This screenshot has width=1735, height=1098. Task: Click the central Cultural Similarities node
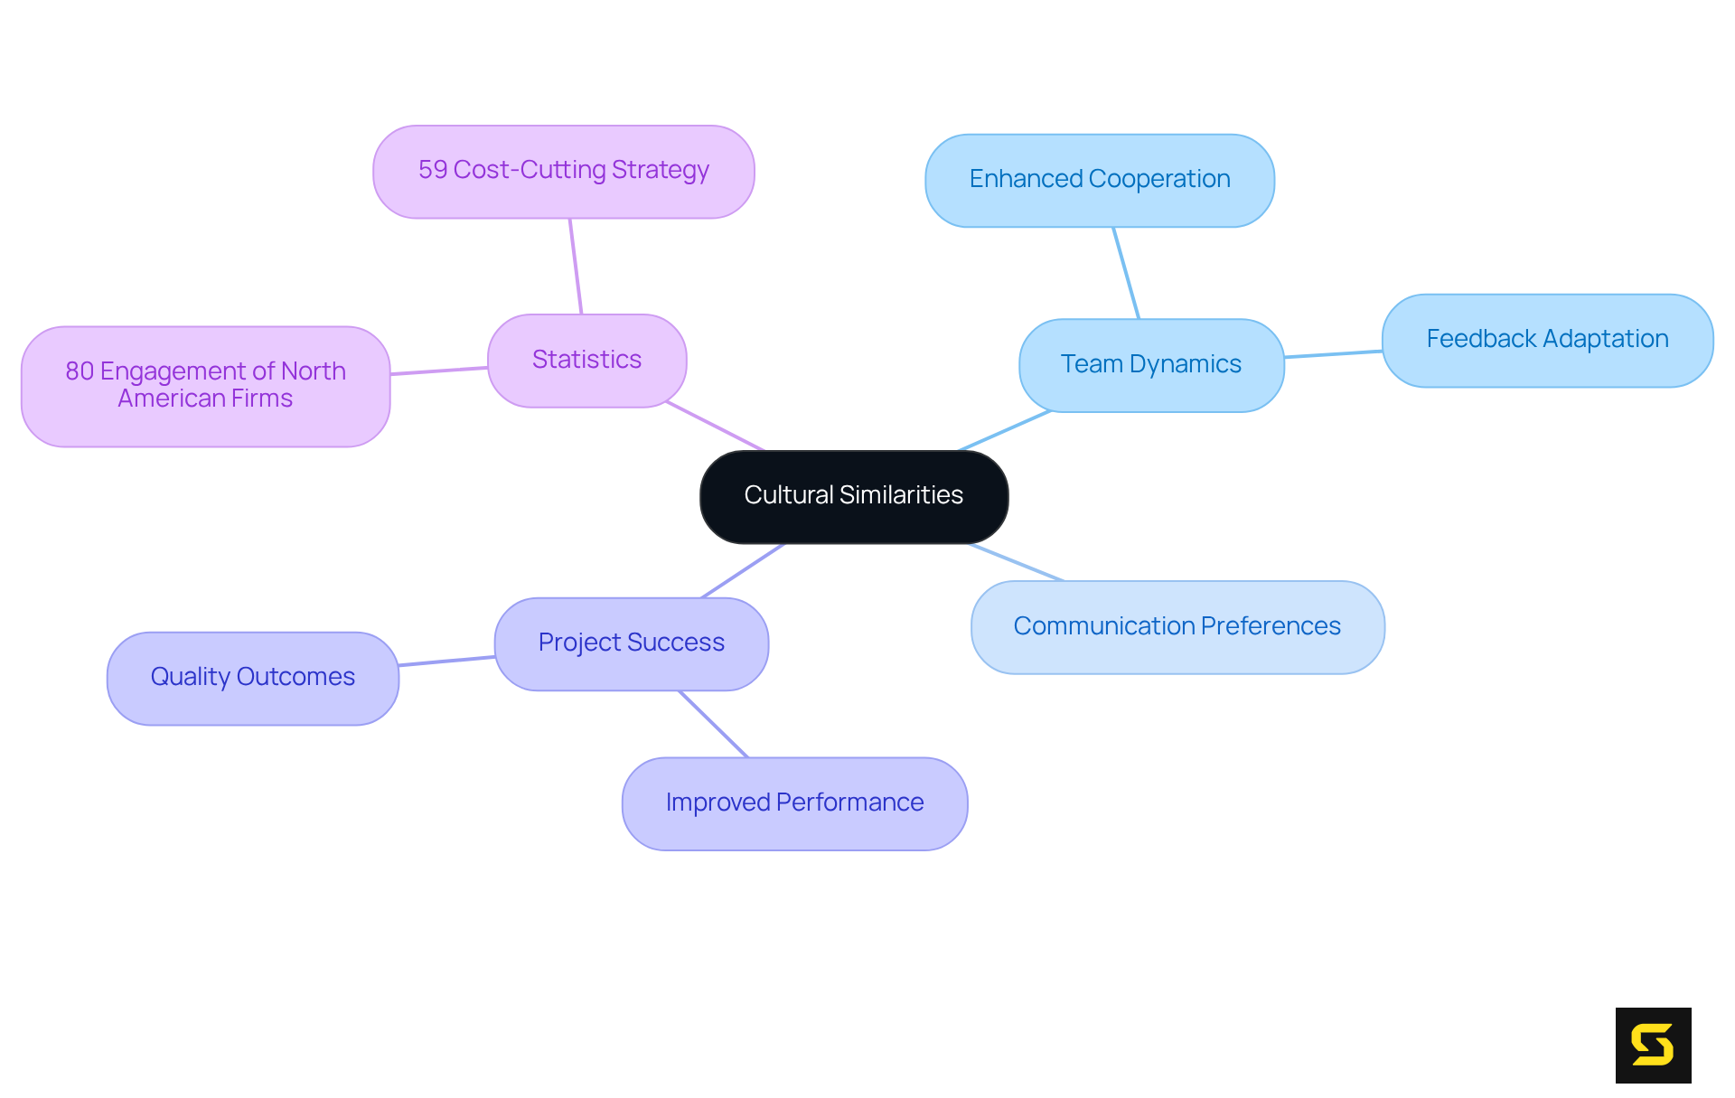853,496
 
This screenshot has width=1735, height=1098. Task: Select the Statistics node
586,360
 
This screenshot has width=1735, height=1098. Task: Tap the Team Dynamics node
1150,364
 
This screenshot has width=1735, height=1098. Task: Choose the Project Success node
631,643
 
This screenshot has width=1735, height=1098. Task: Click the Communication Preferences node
1177,626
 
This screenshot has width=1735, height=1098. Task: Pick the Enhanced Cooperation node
1099,180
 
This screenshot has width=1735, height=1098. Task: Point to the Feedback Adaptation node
1546,340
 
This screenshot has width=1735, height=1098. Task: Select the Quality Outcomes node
252,677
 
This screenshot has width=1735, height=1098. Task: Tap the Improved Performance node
793,802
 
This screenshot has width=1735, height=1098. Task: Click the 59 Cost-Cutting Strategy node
563,171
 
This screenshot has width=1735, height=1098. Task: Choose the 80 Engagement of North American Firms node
205,385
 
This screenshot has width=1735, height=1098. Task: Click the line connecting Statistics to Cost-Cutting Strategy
576,267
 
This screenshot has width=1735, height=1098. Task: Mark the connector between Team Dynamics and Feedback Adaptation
1333,354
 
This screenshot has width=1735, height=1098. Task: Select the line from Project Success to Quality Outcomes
447,662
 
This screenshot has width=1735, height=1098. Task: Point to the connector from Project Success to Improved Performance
713,724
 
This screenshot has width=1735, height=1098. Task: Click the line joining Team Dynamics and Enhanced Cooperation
1126,273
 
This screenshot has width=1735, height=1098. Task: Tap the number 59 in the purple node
433,170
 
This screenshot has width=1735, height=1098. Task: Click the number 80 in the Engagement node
80,371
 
